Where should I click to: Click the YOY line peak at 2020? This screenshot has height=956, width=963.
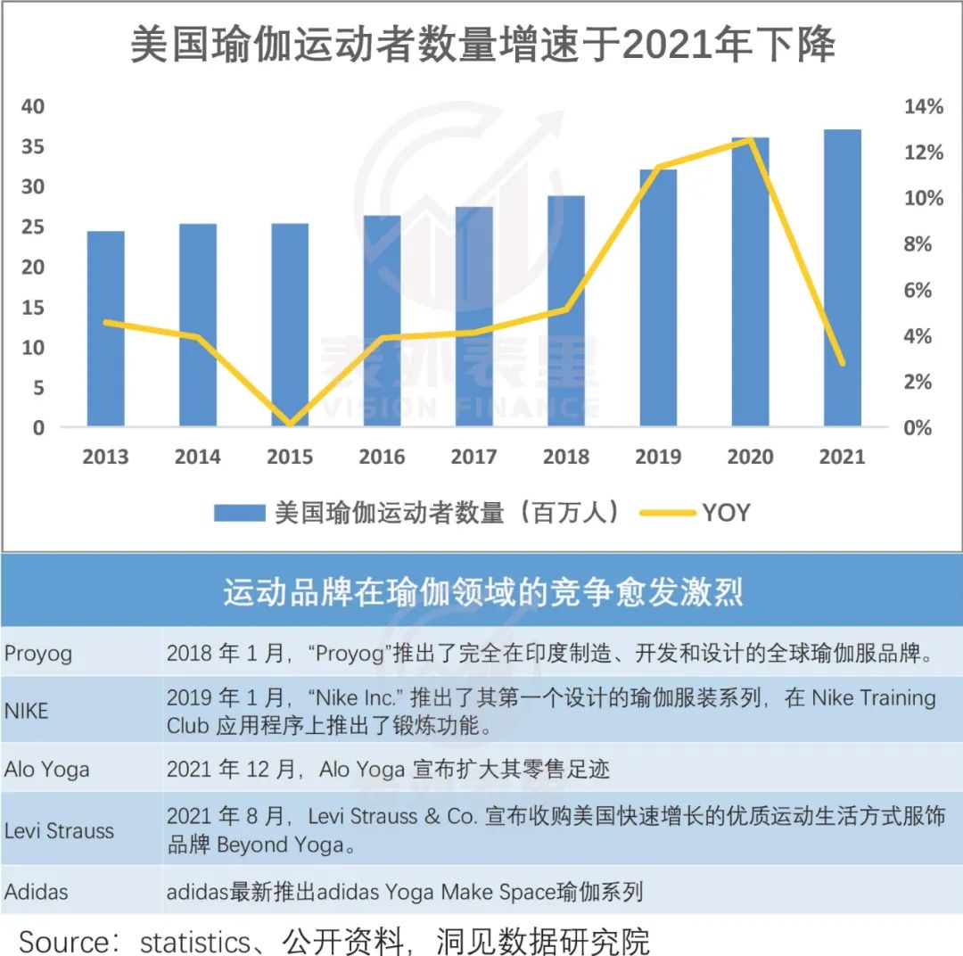point(751,139)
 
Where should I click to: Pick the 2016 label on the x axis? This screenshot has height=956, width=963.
point(382,457)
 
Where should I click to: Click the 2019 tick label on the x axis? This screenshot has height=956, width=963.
point(658,457)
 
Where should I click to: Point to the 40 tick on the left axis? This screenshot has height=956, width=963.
point(33,107)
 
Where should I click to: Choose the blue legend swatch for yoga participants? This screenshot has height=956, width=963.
point(239,513)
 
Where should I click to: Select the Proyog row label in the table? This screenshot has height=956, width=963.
point(38,654)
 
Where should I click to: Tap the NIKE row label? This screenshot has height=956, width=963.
point(26,711)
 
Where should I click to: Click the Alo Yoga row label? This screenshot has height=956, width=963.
point(46,769)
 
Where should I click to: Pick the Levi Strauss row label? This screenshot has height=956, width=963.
point(59,830)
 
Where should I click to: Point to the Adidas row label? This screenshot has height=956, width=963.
point(36,891)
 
